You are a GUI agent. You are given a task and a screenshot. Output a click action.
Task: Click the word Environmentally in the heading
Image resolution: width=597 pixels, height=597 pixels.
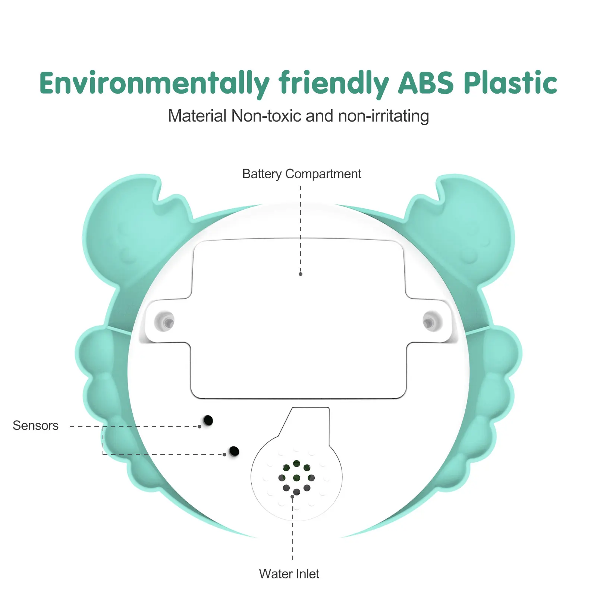(x=154, y=83)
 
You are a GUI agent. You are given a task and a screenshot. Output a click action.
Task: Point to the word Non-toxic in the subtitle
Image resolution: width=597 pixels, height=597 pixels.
(x=266, y=116)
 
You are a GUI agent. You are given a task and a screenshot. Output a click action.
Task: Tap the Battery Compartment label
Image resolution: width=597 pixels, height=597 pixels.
(x=301, y=174)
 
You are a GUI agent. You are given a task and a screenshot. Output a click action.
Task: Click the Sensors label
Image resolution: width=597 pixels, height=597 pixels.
(x=35, y=425)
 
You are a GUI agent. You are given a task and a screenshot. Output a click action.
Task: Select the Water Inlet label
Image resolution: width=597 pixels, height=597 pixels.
(x=289, y=574)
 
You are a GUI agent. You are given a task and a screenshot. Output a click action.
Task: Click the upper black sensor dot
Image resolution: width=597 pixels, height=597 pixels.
(x=208, y=420)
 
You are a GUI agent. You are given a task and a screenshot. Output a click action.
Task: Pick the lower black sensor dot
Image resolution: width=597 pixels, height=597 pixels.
(x=234, y=451)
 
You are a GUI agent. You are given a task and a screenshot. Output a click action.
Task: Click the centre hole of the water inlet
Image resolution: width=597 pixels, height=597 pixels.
(x=296, y=478)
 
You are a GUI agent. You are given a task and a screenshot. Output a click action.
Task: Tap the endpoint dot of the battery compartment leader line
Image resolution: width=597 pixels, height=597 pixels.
(x=301, y=274)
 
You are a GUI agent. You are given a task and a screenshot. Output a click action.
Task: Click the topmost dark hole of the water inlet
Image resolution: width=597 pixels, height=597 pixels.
(x=296, y=464)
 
